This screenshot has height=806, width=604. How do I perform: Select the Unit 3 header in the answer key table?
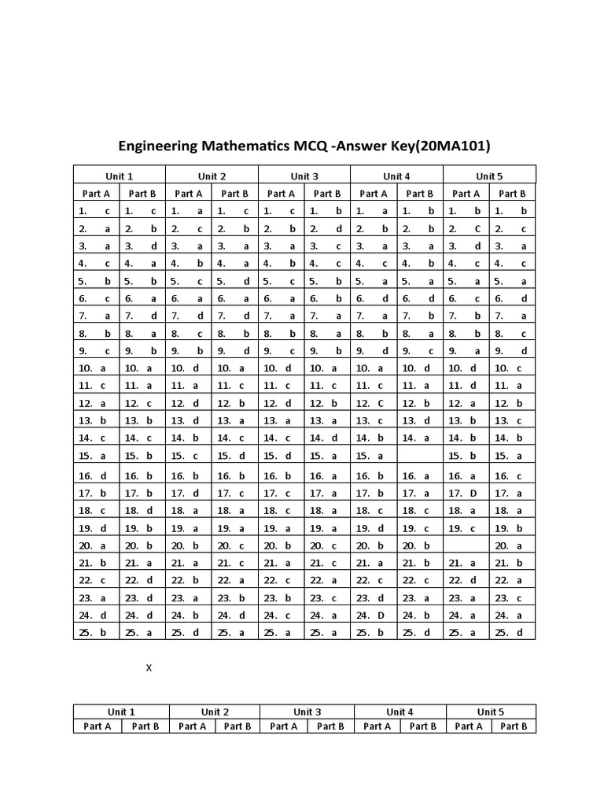pyautogui.click(x=304, y=176)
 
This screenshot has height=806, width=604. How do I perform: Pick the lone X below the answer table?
pyautogui.click(x=149, y=668)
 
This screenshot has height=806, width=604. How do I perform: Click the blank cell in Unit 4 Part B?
pyautogui.click(x=419, y=455)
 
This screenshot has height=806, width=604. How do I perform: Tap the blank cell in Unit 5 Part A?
pyautogui.click(x=466, y=545)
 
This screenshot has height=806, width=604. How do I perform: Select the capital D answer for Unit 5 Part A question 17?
pyautogui.click(x=473, y=494)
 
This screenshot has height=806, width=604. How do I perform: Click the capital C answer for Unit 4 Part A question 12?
pyautogui.click(x=381, y=403)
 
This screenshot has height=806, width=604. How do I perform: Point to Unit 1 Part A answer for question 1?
pyautogui.click(x=107, y=211)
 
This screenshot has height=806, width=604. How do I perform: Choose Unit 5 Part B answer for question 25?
pyautogui.click(x=520, y=633)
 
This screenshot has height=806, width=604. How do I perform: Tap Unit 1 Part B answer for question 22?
pyautogui.click(x=149, y=580)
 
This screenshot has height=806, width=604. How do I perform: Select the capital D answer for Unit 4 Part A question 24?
pyautogui.click(x=381, y=616)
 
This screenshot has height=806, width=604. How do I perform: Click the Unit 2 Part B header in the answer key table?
pyautogui.click(x=234, y=193)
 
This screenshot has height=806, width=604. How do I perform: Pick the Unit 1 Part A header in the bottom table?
pyautogui.click(x=98, y=727)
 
